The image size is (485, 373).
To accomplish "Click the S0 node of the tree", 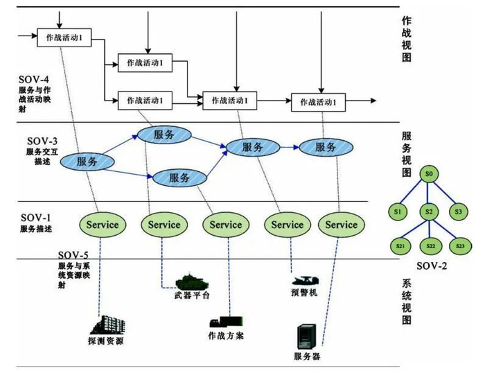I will (430, 172).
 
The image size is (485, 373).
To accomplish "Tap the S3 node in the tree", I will (458, 210).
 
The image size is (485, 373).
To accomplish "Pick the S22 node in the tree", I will (430, 246).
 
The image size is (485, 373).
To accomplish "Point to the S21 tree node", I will (400, 246).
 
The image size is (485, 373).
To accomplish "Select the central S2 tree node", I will (430, 210).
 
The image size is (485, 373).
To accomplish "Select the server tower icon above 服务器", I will (306, 337).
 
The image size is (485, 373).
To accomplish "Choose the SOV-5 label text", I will (75, 254).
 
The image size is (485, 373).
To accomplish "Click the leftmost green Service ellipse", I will (102, 225).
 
